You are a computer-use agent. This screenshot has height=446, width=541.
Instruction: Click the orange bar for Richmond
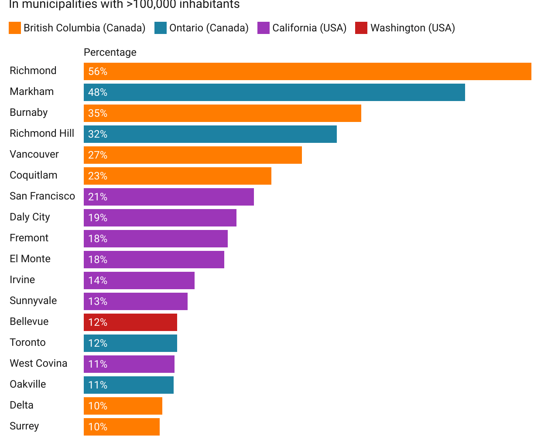[308, 71]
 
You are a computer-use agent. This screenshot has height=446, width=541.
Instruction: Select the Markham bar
[274, 92]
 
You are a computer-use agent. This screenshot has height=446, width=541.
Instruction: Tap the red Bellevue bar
[130, 322]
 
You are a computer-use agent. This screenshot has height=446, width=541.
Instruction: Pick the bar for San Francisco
[169, 197]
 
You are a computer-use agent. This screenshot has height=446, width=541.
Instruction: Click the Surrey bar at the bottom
[122, 427]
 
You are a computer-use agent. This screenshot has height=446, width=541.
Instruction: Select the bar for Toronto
[130, 343]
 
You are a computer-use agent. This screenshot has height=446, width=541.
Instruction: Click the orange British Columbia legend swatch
[15, 28]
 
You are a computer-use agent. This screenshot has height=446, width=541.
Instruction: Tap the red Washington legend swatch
[361, 28]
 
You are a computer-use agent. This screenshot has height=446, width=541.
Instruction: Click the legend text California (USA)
[309, 28]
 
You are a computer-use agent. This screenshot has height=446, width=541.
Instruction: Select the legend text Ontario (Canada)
[209, 28]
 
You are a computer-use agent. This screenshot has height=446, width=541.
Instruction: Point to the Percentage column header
[110, 52]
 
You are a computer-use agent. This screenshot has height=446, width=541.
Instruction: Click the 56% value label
[98, 71]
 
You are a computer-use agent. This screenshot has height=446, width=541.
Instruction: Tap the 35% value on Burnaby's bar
[98, 113]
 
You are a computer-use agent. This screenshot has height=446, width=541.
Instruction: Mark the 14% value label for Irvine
[98, 280]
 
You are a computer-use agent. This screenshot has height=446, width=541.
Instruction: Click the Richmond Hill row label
[42, 133]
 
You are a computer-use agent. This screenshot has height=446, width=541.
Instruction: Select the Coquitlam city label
[34, 175]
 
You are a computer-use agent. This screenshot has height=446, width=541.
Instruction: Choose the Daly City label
[30, 217]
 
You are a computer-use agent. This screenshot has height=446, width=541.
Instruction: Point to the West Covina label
[38, 363]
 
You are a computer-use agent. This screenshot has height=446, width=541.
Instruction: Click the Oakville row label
[28, 384]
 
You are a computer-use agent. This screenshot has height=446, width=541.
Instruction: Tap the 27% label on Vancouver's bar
[98, 155]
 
